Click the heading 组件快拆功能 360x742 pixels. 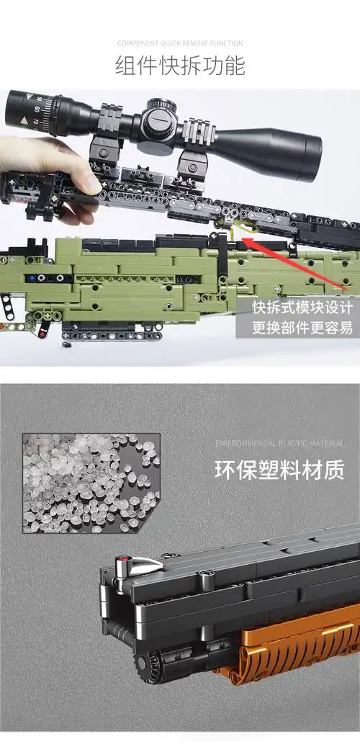(x=180, y=66)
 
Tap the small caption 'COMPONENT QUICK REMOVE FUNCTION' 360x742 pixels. (x=180, y=43)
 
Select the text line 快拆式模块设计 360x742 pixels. (x=302, y=308)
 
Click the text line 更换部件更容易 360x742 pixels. (x=302, y=328)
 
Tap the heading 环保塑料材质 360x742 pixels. (x=279, y=470)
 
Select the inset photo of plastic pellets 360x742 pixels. (x=91, y=483)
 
